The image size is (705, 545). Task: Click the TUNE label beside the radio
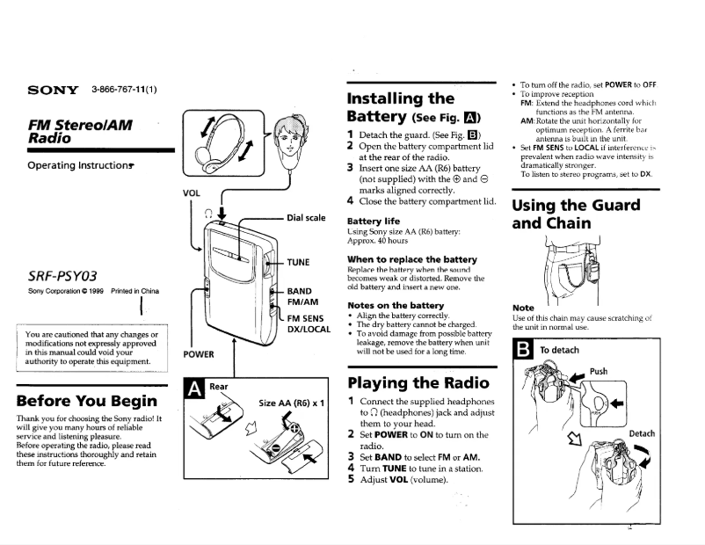pos(299,263)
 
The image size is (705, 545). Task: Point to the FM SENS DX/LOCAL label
pos(309,323)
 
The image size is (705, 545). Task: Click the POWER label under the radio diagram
pos(199,355)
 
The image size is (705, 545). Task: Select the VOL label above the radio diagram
pos(191,193)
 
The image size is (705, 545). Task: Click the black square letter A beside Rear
pos(193,387)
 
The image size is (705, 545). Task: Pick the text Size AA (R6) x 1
pos(293,403)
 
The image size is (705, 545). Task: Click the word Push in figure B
pos(598,372)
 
